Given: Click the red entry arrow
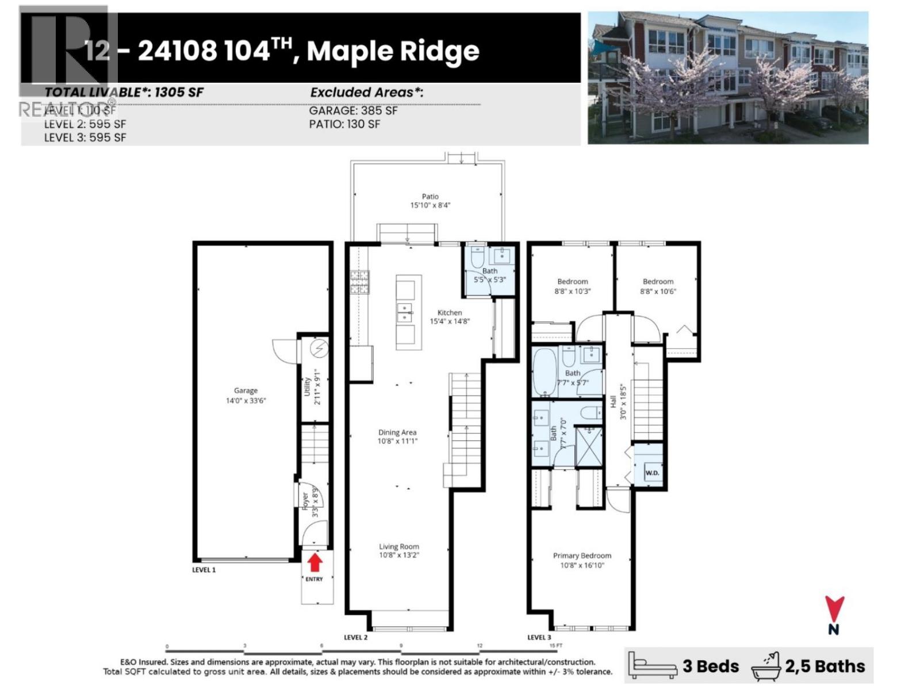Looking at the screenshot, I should [x=315, y=562].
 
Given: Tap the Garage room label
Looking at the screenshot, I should [x=246, y=390].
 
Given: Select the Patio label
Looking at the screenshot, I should [x=430, y=197].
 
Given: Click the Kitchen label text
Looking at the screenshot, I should [x=450, y=313].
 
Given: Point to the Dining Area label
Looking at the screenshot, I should [x=397, y=432].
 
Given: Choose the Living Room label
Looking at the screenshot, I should [x=399, y=547].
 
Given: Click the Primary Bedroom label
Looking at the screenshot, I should [x=582, y=555].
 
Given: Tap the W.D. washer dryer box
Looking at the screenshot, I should [x=652, y=473].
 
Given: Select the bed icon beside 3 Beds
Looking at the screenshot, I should [x=652, y=666].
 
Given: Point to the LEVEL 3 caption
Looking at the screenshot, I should [x=539, y=637].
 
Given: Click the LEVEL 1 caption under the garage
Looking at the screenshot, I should [x=204, y=570].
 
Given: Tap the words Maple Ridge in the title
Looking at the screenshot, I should [x=393, y=51].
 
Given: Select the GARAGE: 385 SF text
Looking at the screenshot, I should [x=353, y=111].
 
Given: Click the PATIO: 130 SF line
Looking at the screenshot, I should [x=344, y=124].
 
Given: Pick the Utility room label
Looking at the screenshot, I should [x=307, y=386].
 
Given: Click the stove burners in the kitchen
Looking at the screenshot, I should [x=359, y=282].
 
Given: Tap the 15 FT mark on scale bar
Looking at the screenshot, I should [x=555, y=646].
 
